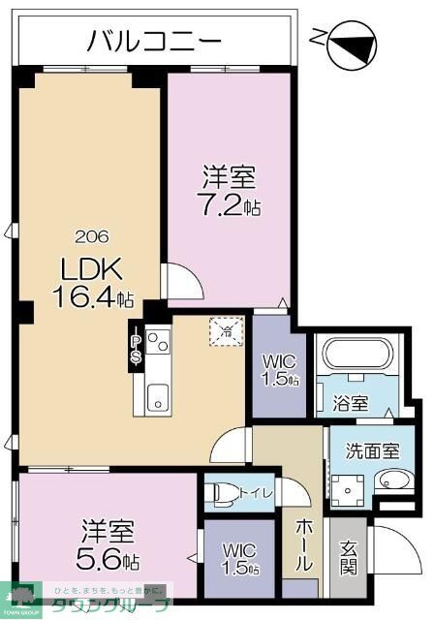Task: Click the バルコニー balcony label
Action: (x=155, y=40)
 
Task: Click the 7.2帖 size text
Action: (x=230, y=206)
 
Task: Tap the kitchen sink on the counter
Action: (x=158, y=395)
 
